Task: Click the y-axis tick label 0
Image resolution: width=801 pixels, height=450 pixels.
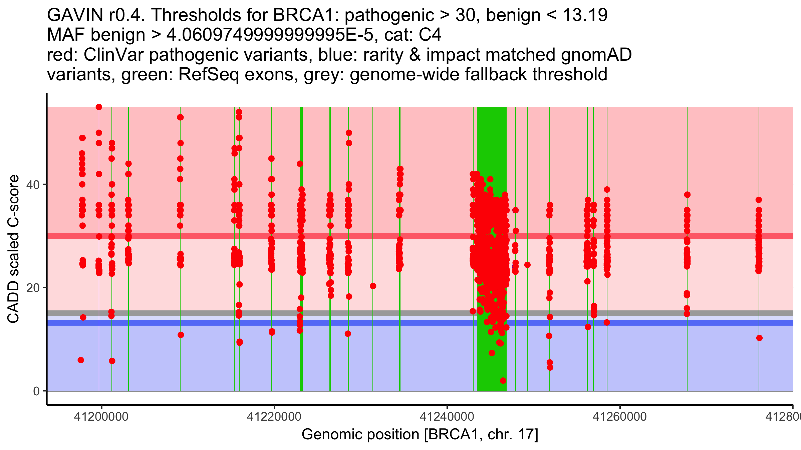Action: [36, 391]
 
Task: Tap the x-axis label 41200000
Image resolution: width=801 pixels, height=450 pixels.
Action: [101, 417]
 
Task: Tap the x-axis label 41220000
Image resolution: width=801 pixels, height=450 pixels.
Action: [274, 417]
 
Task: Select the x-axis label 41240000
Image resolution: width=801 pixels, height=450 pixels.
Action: [447, 417]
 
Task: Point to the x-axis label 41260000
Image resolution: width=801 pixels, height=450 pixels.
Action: [620, 417]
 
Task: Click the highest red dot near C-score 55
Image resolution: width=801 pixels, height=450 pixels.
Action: [99, 107]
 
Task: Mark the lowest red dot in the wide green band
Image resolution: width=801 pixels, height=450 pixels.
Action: [503, 381]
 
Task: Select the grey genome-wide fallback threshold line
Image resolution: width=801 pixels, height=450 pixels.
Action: [267, 313]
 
